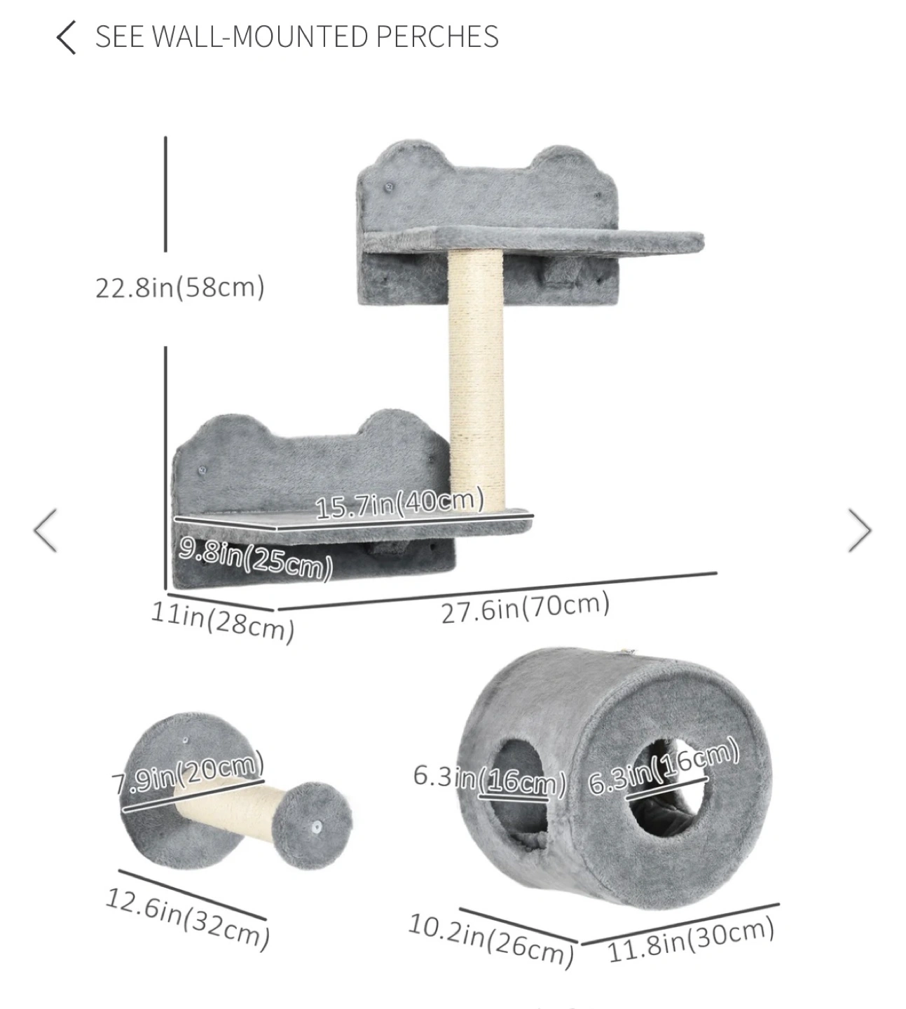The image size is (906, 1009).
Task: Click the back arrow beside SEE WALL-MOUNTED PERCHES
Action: (x=66, y=37)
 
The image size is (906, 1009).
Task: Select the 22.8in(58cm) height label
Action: (x=180, y=287)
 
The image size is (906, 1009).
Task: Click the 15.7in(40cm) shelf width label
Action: (x=399, y=504)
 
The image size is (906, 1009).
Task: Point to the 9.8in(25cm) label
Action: (x=256, y=558)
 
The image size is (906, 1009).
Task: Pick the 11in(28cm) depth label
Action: (x=223, y=622)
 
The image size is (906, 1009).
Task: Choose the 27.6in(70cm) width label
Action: (x=526, y=608)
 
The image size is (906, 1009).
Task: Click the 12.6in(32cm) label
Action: (x=188, y=919)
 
